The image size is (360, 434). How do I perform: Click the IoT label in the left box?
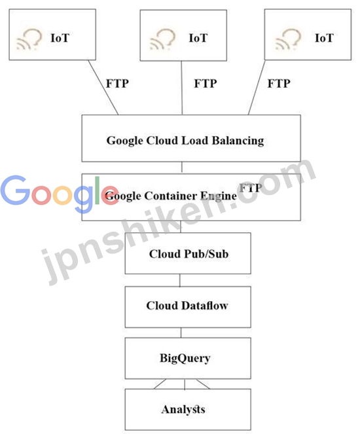point(60,38)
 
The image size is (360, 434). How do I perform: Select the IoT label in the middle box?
point(198,38)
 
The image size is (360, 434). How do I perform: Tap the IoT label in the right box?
point(324,38)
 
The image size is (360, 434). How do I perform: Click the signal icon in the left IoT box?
point(29,39)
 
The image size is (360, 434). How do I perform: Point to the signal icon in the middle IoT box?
point(162,39)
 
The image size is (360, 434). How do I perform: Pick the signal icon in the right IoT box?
point(288,39)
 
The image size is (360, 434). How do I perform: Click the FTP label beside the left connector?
point(117,83)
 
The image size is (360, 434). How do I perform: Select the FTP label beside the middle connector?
point(206,83)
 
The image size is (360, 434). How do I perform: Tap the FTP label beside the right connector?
point(279,83)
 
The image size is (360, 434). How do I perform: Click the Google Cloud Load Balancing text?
point(185,140)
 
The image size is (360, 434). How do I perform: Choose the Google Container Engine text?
point(171,196)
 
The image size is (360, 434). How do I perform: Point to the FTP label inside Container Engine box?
point(251,188)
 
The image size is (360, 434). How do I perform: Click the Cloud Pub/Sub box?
point(188,253)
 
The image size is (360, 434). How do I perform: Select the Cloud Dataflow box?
point(188,307)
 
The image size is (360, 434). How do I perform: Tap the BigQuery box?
point(188,358)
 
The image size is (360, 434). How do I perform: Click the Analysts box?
point(188,409)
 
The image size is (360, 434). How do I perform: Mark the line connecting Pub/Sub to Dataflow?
point(180,280)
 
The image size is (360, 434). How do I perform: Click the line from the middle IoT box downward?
point(182,88)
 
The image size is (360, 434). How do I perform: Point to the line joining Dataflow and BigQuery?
point(181,333)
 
